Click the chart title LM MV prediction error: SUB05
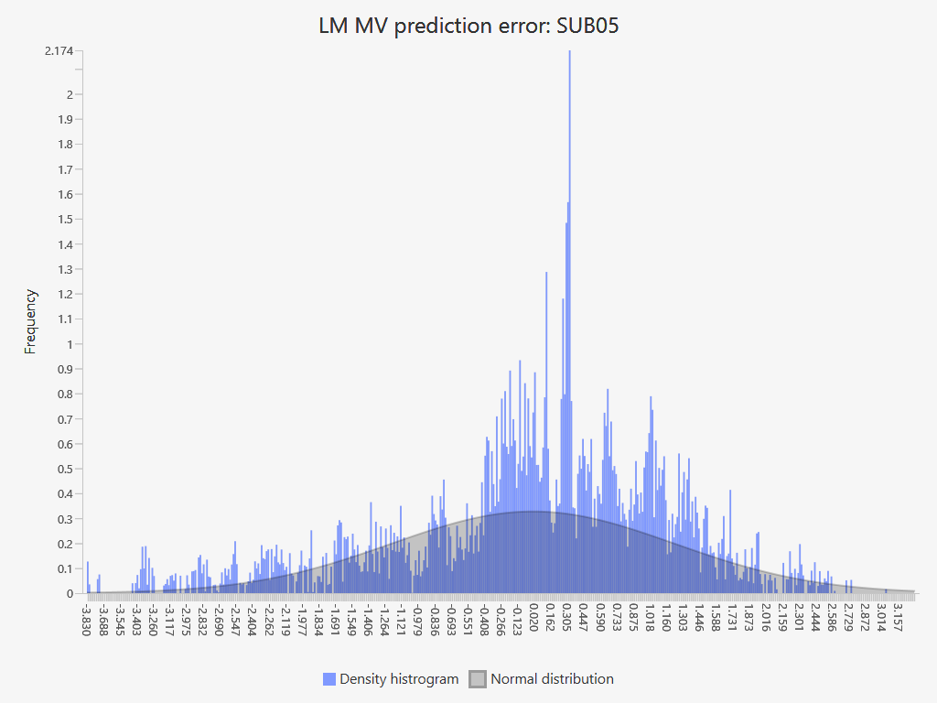click(468, 26)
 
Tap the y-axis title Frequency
click(30, 321)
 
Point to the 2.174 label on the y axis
click(59, 50)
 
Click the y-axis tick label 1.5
click(64, 220)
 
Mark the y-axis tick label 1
click(69, 345)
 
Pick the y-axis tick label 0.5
click(64, 470)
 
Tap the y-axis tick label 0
click(69, 594)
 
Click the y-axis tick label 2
click(69, 94)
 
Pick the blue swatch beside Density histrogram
click(329, 679)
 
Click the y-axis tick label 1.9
click(64, 120)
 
